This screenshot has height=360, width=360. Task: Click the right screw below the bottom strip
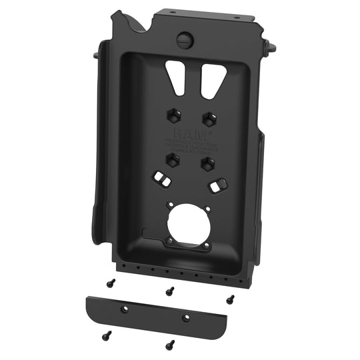point(170,345)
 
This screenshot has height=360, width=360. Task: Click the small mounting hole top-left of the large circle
point(171,206)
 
